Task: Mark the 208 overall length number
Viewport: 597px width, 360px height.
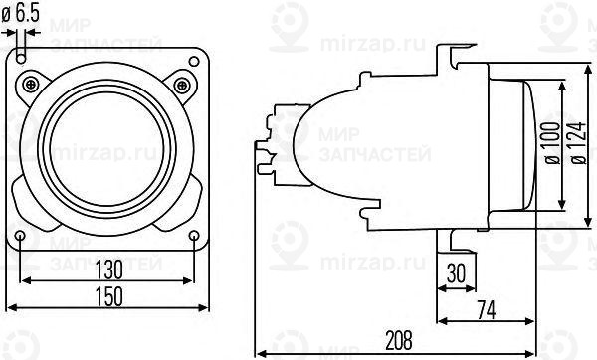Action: coord(397,341)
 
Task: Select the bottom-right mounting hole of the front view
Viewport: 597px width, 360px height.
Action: coord(193,235)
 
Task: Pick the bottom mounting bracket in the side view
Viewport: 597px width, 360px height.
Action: coord(453,239)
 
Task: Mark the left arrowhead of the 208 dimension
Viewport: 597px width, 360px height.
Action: coord(259,352)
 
